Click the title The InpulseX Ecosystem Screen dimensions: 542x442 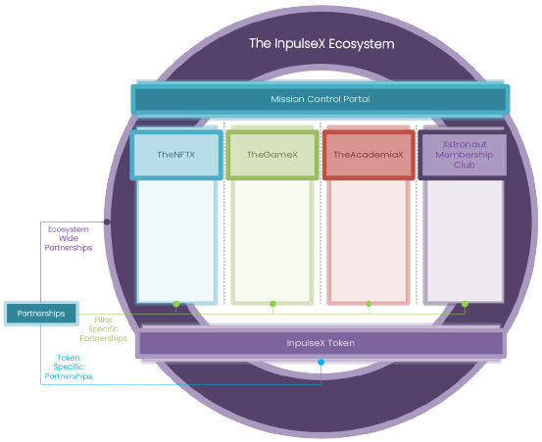(x=321, y=44)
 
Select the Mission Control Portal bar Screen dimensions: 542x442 (x=320, y=99)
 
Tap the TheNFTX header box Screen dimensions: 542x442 (x=176, y=155)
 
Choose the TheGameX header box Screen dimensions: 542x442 (x=272, y=155)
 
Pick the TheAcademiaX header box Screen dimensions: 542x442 (x=369, y=155)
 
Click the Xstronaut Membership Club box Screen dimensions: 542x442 (x=463, y=155)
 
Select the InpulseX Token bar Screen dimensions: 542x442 (x=320, y=343)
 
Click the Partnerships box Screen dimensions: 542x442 (x=41, y=314)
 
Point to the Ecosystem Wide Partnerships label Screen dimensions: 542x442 (x=69, y=238)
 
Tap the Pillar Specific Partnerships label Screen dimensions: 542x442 (x=103, y=329)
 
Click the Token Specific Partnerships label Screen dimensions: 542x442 (x=69, y=367)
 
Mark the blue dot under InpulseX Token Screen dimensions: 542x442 (x=321, y=363)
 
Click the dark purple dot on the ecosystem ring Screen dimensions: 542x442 (x=107, y=221)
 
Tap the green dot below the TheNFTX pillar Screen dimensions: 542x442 (x=176, y=304)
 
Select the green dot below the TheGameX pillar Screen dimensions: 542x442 (x=272, y=304)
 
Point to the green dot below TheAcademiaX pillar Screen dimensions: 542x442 (x=369, y=304)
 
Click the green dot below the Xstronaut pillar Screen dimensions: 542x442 (x=465, y=304)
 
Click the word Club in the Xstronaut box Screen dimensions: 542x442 (x=465, y=165)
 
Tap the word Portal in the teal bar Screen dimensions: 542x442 (x=357, y=99)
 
